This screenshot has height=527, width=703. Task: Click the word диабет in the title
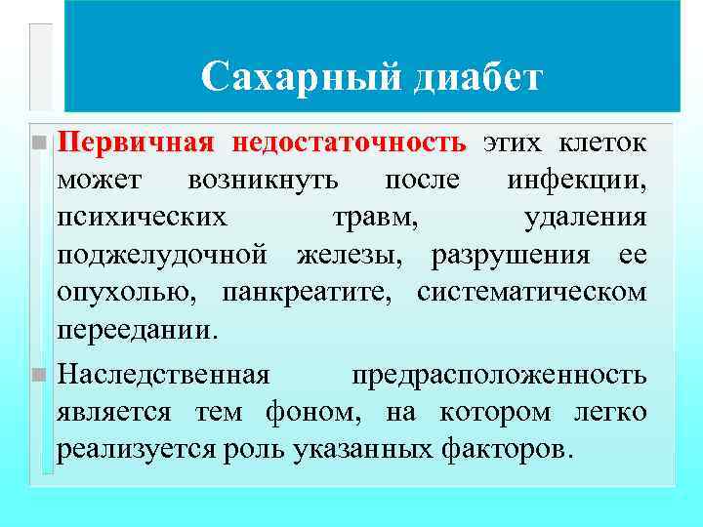click(x=476, y=77)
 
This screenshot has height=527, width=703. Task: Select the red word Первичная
click(x=136, y=142)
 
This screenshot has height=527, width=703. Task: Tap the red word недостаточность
click(x=349, y=142)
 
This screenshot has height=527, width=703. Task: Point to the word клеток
click(x=601, y=142)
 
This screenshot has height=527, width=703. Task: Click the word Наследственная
click(x=163, y=375)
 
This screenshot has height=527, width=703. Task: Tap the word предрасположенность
click(x=498, y=375)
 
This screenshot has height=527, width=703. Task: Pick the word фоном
click(x=310, y=412)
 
